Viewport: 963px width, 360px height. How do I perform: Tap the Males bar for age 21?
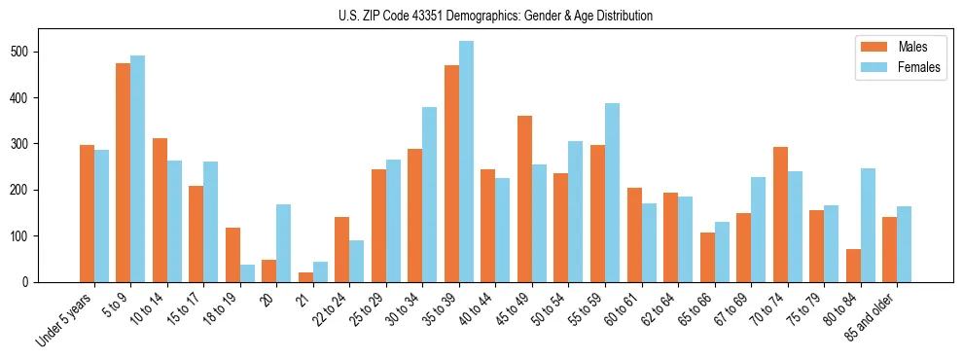tap(269, 277)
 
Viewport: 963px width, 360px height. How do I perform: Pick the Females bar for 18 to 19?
tap(247, 273)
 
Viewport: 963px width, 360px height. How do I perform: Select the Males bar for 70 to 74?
tap(780, 214)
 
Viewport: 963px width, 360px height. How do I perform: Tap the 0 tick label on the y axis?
tap(29, 282)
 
